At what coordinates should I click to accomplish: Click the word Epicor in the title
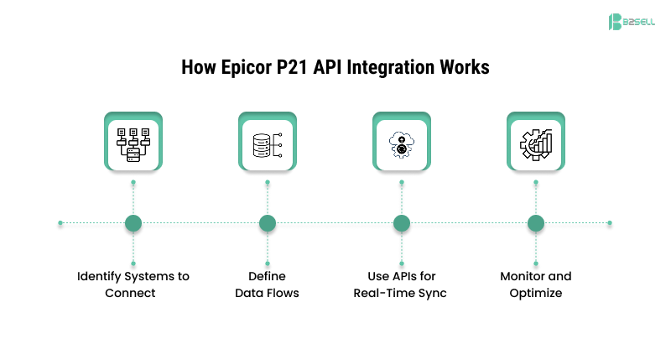(247, 68)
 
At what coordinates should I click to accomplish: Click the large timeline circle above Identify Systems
(133, 223)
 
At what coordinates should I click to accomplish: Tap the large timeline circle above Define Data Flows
(268, 223)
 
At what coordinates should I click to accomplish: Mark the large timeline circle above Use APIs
(402, 223)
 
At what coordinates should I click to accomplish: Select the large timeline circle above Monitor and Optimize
(536, 223)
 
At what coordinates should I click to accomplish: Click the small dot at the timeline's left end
(60, 223)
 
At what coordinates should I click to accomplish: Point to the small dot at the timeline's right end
(610, 223)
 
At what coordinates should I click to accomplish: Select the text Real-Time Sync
(402, 293)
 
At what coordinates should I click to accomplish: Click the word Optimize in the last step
(536, 293)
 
